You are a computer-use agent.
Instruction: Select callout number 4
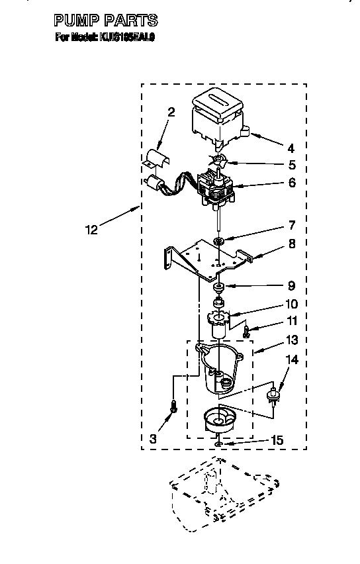click(x=290, y=148)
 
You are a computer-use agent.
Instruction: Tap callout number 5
click(x=291, y=165)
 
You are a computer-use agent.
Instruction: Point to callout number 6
click(x=291, y=183)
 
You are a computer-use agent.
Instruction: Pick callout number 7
click(x=291, y=226)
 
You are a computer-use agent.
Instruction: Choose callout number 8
click(x=291, y=244)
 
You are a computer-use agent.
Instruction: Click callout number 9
click(x=291, y=286)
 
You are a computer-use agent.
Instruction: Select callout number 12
click(x=91, y=230)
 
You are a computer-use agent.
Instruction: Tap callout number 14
click(x=291, y=360)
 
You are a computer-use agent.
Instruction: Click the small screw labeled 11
click(x=246, y=330)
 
